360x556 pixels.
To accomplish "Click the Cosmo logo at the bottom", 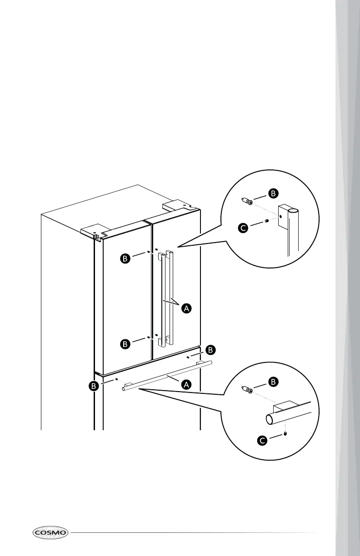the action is click(50, 532).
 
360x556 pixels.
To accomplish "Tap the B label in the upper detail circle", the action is click(273, 194).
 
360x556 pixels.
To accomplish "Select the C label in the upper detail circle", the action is click(243, 228).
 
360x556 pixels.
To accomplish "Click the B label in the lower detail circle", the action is click(273, 382).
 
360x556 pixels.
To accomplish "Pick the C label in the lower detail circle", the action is click(262, 441).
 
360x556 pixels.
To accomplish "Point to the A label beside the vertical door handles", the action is click(186, 308).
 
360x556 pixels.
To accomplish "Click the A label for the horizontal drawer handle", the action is click(186, 384).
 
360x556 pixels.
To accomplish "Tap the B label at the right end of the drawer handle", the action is click(210, 350).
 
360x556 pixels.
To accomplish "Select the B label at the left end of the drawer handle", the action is click(94, 386).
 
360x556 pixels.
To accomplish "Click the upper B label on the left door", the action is click(125, 258).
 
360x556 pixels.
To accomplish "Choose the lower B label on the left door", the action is click(125, 344).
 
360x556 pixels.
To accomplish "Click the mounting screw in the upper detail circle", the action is click(247, 201).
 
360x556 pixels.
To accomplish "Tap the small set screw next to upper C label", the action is click(266, 221).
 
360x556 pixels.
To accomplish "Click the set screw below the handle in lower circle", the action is click(285, 434).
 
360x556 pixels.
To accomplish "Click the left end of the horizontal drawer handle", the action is click(124, 389).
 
